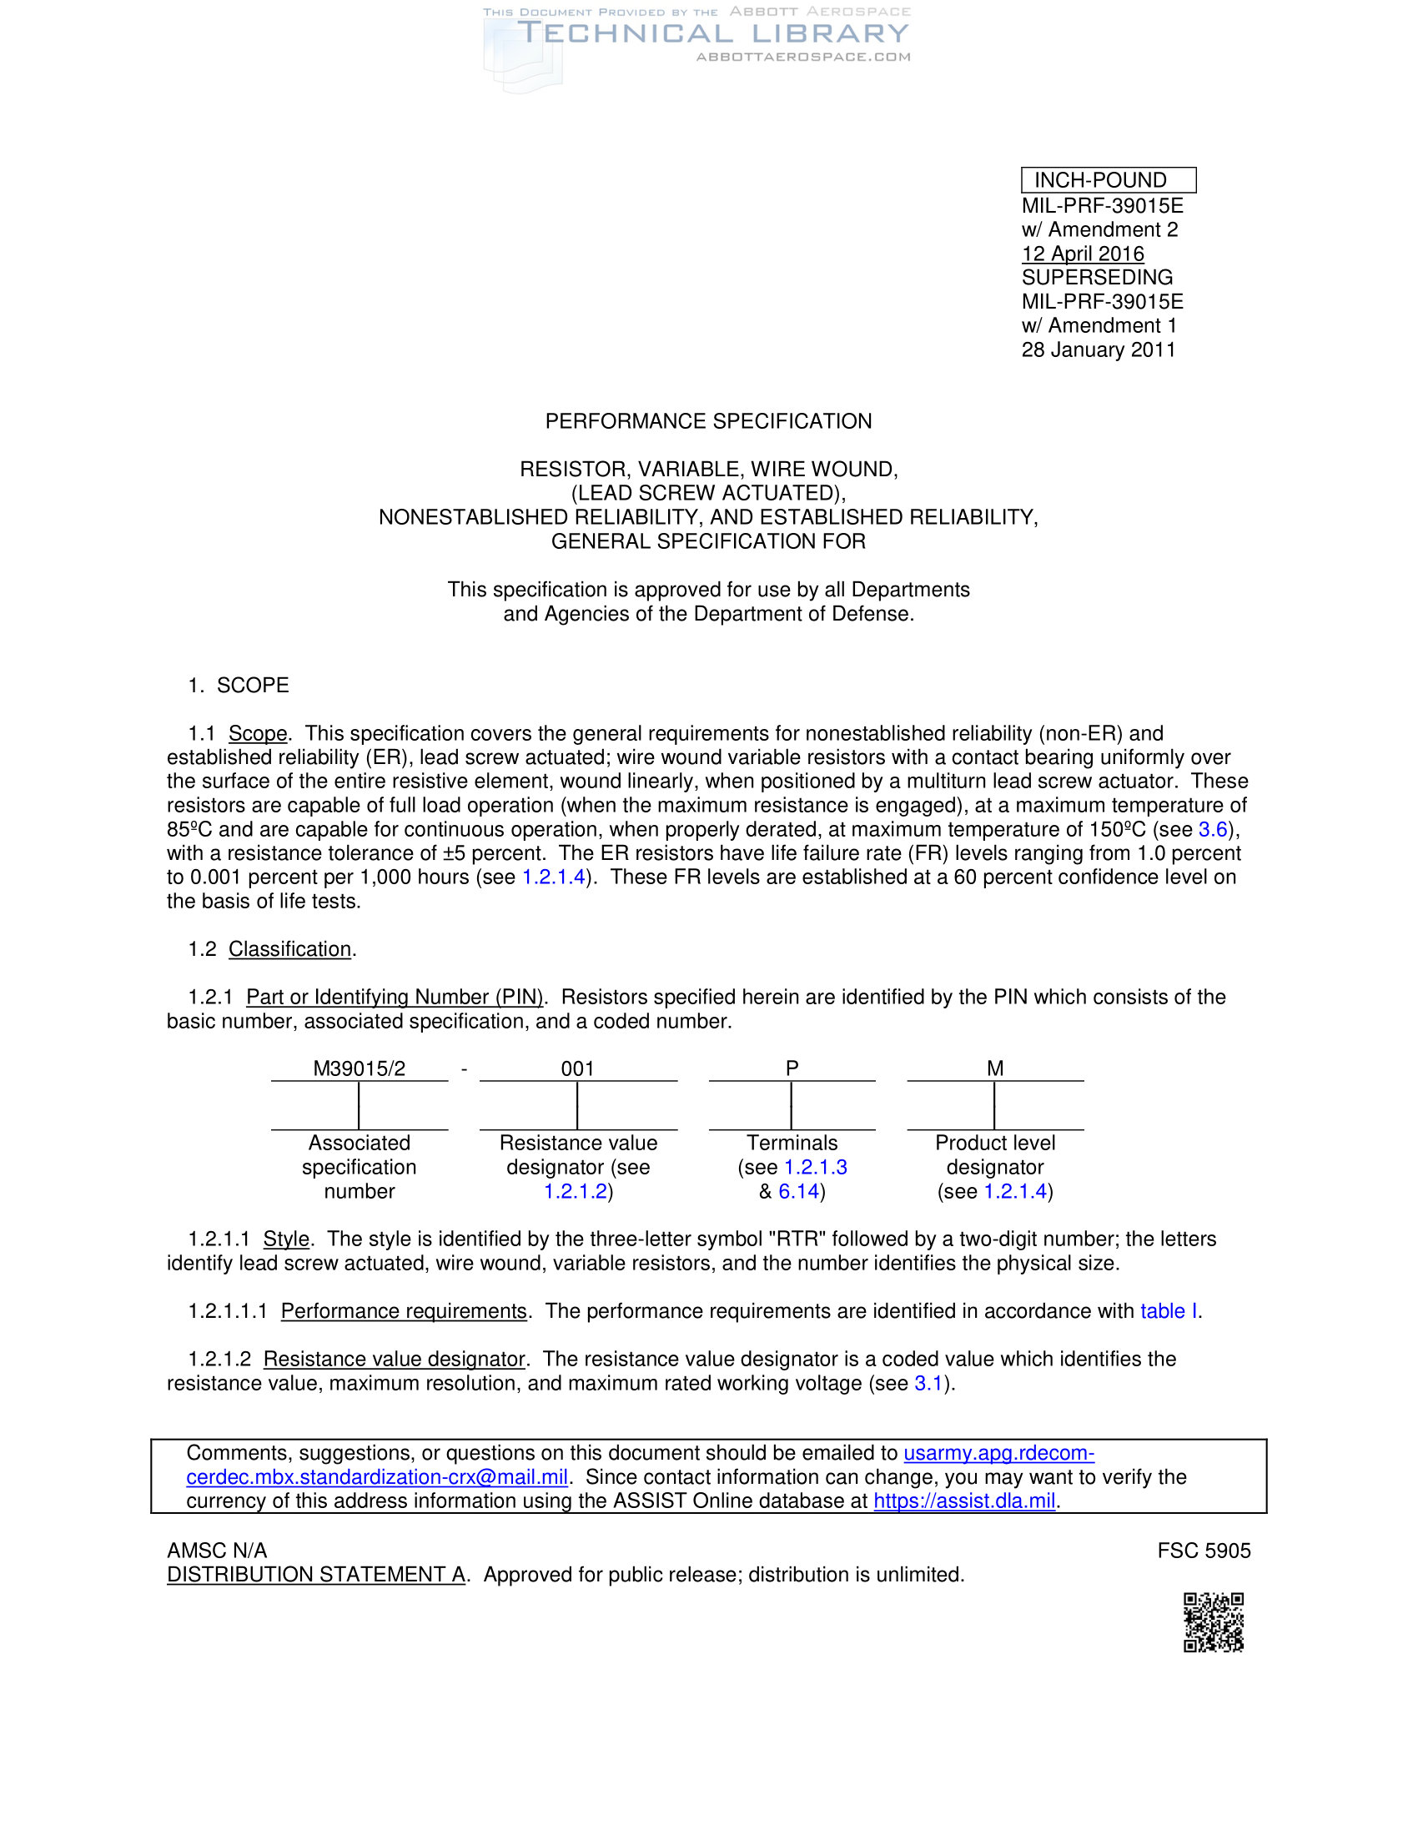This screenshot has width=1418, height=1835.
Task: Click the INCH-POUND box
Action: click(x=1107, y=180)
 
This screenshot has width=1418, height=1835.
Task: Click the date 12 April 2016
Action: click(x=1082, y=254)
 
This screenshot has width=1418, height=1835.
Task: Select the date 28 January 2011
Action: click(x=1098, y=349)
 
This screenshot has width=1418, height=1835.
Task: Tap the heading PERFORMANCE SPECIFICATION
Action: click(x=708, y=421)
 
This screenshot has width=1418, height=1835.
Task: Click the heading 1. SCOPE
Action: click(x=239, y=686)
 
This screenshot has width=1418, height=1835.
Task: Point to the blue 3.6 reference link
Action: click(x=1212, y=829)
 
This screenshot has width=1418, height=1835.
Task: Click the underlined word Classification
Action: click(x=289, y=949)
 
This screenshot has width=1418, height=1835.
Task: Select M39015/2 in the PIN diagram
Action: click(x=359, y=1068)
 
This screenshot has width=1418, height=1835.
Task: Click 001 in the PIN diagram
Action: click(x=577, y=1068)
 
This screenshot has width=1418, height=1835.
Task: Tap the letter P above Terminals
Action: click(x=792, y=1068)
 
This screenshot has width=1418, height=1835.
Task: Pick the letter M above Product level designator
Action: click(x=994, y=1068)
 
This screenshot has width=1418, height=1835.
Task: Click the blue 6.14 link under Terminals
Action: click(x=798, y=1191)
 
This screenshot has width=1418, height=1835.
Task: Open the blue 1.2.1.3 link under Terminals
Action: click(x=815, y=1167)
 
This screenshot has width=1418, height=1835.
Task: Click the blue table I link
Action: click(x=1169, y=1311)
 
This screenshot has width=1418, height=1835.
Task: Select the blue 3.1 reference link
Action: click(x=928, y=1384)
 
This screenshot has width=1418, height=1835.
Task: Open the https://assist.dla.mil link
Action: click(x=963, y=1501)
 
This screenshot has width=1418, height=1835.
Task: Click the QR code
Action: click(x=1213, y=1622)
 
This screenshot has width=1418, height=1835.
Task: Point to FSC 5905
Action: click(x=1203, y=1551)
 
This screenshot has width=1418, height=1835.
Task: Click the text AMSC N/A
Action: click(x=217, y=1551)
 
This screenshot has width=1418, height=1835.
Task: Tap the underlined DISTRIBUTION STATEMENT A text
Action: click(x=316, y=1575)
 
